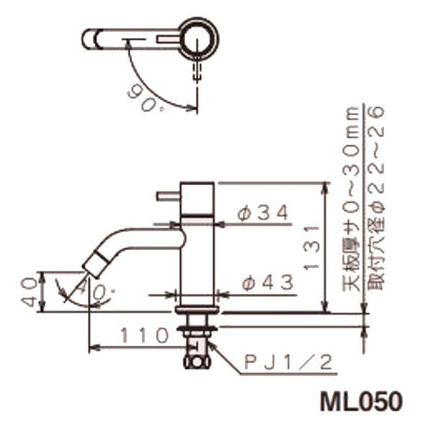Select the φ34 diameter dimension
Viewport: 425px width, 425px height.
coord(263,214)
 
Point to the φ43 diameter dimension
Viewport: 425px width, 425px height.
coord(267,284)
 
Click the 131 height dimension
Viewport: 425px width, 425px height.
coord(311,248)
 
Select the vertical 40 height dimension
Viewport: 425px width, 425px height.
coord(30,290)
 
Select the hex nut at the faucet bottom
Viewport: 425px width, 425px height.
coord(196,357)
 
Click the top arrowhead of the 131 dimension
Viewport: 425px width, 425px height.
coord(326,187)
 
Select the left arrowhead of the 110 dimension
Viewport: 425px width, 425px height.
coord(92,348)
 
